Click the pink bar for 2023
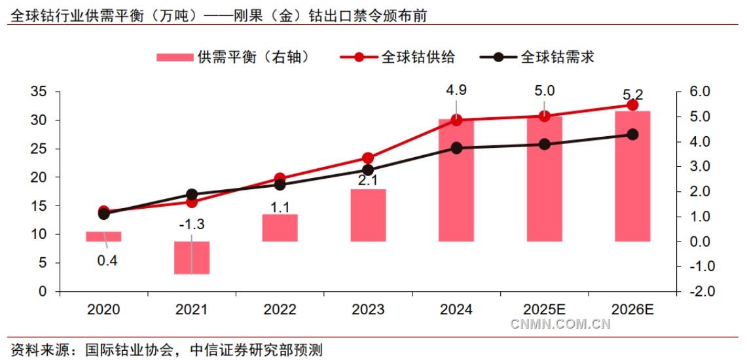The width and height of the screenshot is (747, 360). [x=367, y=215]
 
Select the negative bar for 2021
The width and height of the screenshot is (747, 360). [x=192, y=257]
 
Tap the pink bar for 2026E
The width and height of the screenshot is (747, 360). [x=632, y=176]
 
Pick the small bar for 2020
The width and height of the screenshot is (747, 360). [x=103, y=236]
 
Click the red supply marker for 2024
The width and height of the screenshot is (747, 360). [x=456, y=120]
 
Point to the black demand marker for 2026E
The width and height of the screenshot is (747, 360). [x=632, y=134]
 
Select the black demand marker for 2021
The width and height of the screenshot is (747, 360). [x=192, y=194]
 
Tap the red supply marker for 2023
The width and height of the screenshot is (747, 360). [x=368, y=158]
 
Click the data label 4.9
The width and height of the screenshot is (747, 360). [x=456, y=91]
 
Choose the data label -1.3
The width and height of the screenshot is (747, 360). [x=192, y=225]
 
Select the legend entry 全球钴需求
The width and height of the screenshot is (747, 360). [x=537, y=57]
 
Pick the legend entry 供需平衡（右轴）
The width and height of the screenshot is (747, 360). [x=232, y=57]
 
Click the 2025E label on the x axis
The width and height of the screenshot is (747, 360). [x=545, y=310]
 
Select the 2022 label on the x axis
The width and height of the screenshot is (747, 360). [x=280, y=310]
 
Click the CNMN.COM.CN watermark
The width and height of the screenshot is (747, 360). [x=560, y=324]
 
